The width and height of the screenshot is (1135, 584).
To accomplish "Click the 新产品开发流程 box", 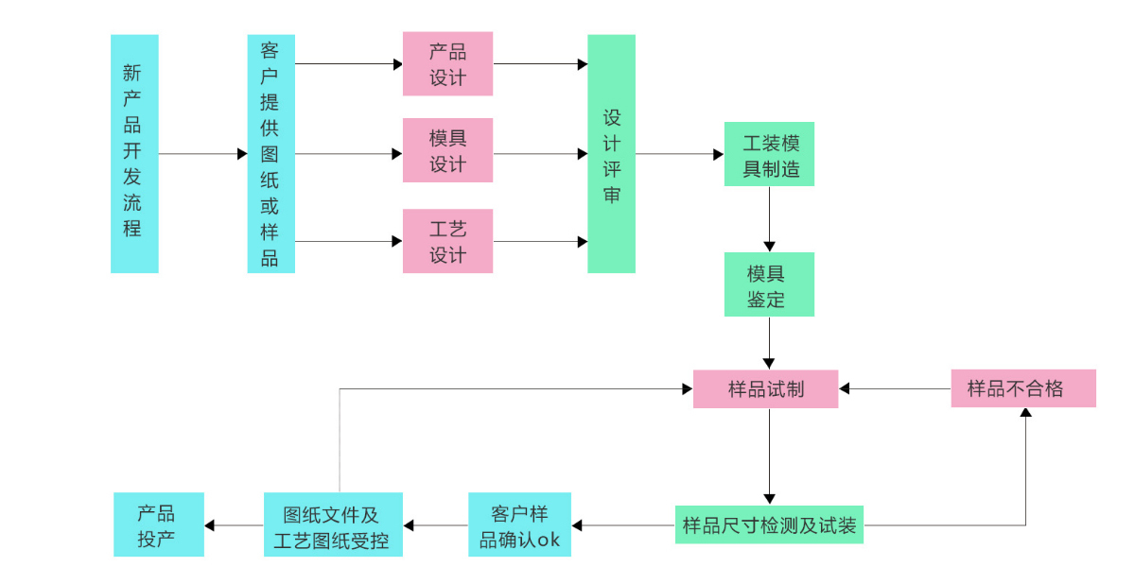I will click(x=134, y=154).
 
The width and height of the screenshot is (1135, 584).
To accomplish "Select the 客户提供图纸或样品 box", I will click(x=271, y=154).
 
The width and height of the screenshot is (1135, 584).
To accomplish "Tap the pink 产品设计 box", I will click(x=447, y=64).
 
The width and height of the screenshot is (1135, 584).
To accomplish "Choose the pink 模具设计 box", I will click(x=447, y=150).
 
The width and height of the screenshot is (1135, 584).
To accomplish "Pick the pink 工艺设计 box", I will click(x=447, y=241).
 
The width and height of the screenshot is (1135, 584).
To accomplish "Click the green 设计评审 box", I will click(x=611, y=154).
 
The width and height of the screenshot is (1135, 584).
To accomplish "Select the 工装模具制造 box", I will click(x=769, y=154).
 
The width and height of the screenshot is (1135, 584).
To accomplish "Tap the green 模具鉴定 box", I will click(x=769, y=284).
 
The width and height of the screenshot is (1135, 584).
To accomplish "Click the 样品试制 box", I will click(x=765, y=388).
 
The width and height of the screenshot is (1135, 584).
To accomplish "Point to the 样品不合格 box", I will click(x=1023, y=388).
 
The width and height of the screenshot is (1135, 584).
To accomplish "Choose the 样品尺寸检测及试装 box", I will click(x=769, y=525).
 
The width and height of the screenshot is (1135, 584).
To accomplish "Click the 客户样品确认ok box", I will click(x=519, y=525).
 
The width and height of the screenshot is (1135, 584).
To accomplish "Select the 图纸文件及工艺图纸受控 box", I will click(x=333, y=525).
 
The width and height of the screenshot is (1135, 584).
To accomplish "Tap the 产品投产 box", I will click(x=158, y=525).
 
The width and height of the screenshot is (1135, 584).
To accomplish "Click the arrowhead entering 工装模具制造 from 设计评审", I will click(x=719, y=154).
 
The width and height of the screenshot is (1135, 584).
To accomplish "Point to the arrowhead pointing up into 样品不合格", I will click(x=1025, y=413).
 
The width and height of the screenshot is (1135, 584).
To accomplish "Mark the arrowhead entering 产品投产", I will click(x=210, y=525).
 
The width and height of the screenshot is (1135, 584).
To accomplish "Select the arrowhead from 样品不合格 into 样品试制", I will click(x=845, y=388).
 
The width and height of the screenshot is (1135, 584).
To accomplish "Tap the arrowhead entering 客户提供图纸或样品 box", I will click(x=242, y=154).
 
